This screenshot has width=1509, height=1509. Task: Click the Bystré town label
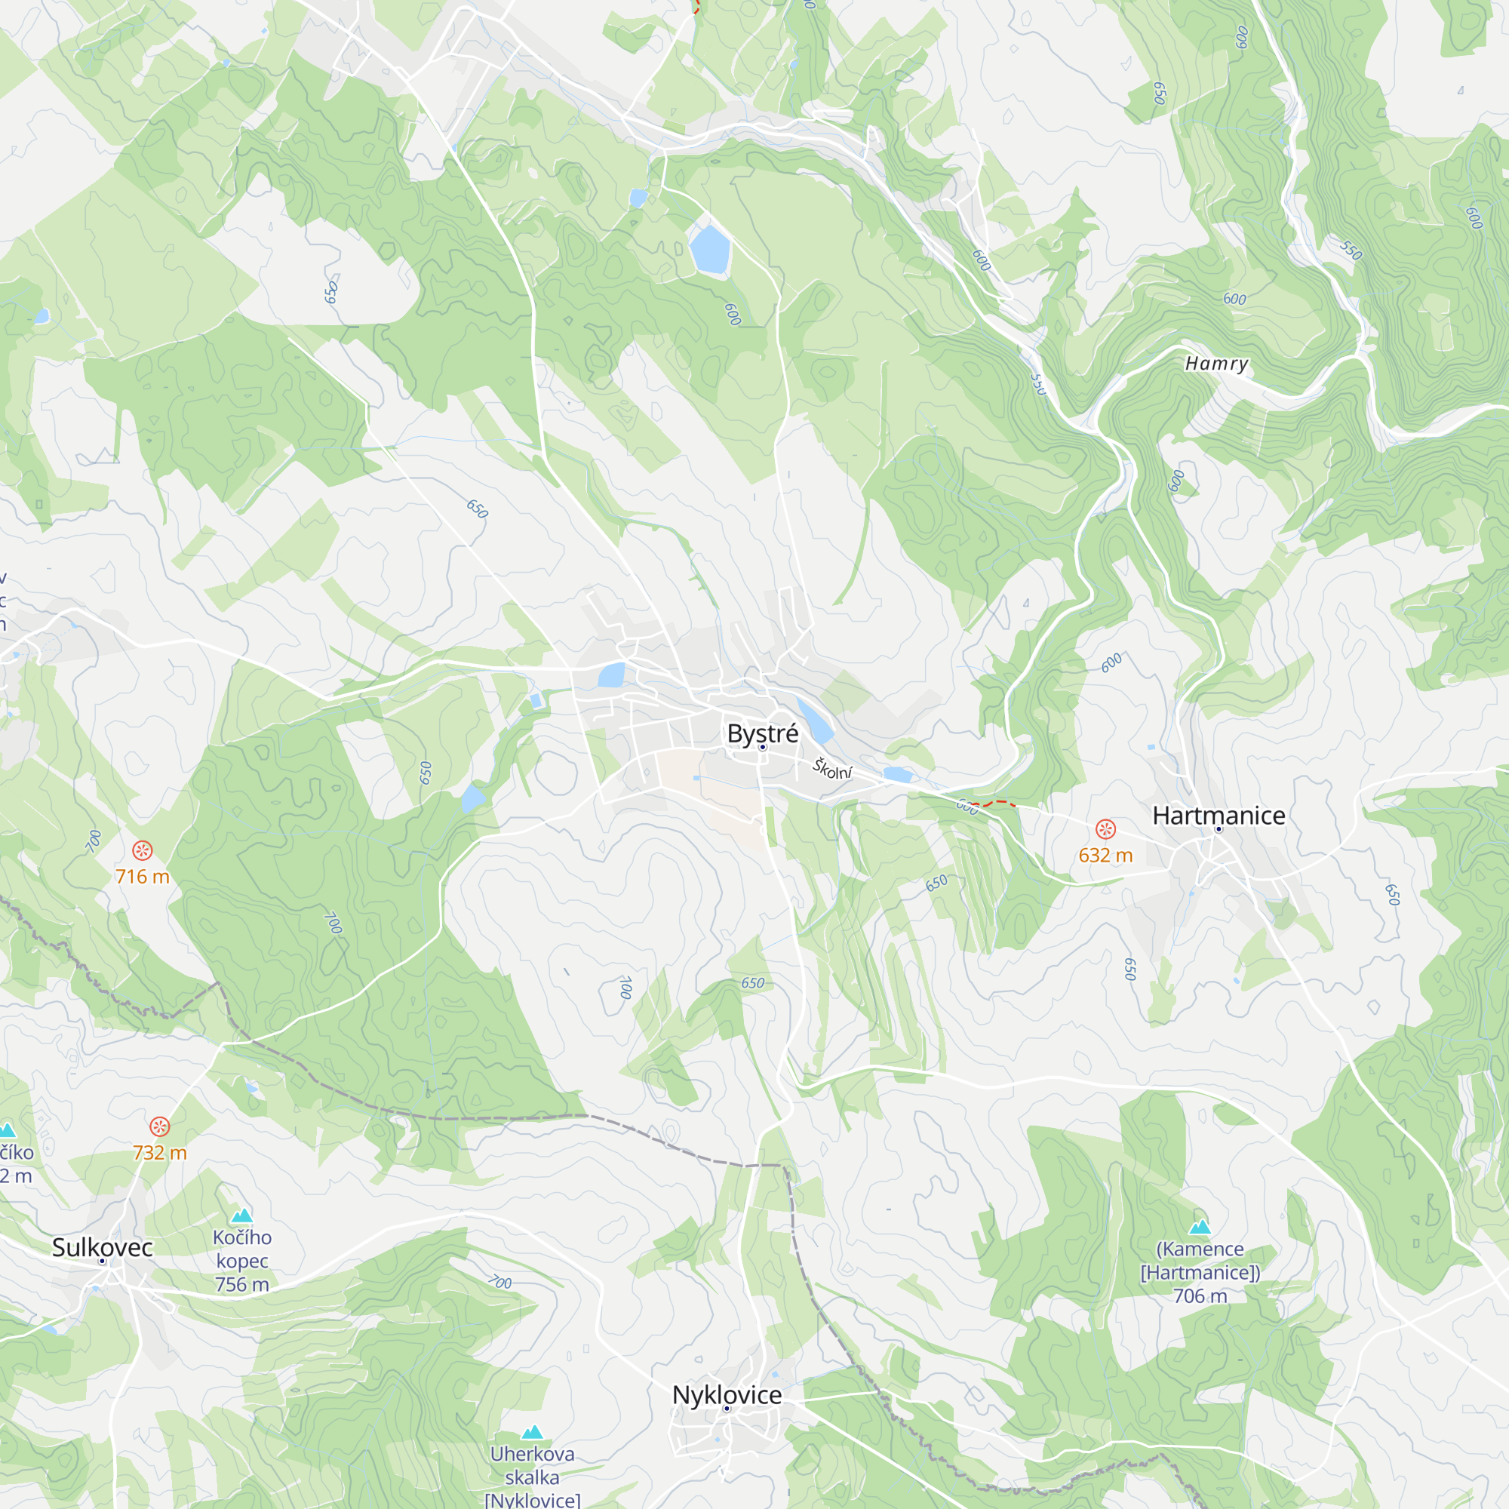(762, 733)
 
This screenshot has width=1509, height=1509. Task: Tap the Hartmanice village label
(1219, 816)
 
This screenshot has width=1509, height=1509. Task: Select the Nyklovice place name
(727, 1394)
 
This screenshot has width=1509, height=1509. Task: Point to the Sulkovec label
(103, 1246)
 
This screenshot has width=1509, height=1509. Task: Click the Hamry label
(1216, 363)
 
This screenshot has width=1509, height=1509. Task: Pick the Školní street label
(833, 770)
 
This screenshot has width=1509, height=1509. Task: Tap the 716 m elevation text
(142, 876)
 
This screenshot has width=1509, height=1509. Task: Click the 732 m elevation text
(159, 1153)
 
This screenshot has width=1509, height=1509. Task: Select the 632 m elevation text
(1105, 856)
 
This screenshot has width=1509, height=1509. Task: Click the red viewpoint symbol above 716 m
(142, 850)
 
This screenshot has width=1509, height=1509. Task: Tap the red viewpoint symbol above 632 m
(1105, 828)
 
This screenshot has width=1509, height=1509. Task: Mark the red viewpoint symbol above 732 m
(159, 1126)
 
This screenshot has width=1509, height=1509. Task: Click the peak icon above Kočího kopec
(242, 1215)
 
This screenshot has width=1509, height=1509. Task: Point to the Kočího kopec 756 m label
(242, 1261)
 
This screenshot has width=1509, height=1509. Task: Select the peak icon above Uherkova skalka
(532, 1432)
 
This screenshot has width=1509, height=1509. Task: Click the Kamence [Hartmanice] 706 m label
(1200, 1272)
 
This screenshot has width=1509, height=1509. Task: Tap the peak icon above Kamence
(1200, 1226)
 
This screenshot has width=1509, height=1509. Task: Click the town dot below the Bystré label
(763, 748)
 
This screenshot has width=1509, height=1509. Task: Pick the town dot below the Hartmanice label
(1219, 829)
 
